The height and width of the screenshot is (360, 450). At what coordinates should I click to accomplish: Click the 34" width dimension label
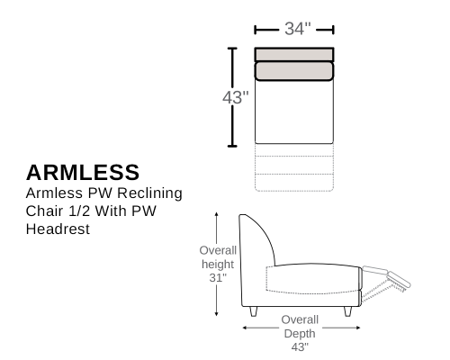click(298, 29)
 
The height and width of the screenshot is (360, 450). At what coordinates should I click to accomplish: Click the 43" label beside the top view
click(236, 97)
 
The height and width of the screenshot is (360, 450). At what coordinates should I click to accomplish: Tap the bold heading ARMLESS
click(83, 173)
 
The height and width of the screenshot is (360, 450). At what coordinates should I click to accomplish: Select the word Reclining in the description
click(149, 193)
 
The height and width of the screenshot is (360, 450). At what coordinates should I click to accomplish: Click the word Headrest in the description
click(58, 229)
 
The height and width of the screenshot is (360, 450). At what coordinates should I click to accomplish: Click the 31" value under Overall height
click(218, 278)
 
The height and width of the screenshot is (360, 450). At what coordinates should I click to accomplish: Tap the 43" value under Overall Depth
click(300, 346)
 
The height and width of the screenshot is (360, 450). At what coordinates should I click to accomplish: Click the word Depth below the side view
click(300, 334)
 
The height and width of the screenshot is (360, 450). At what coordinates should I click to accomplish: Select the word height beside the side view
click(218, 265)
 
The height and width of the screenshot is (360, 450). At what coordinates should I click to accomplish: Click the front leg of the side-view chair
click(347, 311)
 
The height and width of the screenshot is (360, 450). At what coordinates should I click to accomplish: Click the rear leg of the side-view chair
click(254, 311)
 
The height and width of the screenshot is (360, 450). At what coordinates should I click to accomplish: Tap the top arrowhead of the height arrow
click(216, 214)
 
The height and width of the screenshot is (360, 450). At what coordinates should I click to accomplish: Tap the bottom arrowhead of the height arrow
click(216, 314)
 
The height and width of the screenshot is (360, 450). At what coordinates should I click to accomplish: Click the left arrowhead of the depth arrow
click(245, 328)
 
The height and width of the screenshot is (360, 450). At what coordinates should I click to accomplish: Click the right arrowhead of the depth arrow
click(358, 328)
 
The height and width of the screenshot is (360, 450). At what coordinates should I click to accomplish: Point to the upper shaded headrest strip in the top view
click(294, 55)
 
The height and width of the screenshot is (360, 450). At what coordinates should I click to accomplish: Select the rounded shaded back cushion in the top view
click(294, 71)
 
